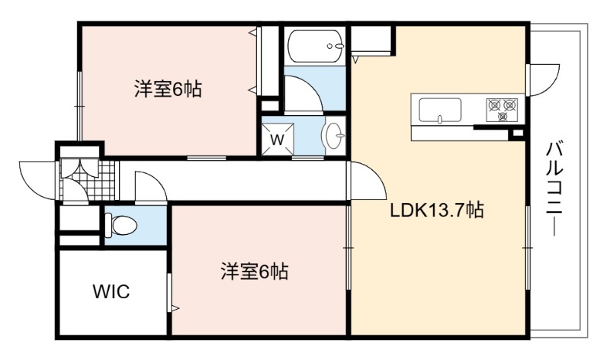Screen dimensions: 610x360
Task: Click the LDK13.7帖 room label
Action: [437, 211]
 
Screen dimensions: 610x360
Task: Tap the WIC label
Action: [111, 291]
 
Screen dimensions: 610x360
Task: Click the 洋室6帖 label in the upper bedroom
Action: [168, 89]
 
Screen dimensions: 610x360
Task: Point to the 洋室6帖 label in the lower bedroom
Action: [255, 272]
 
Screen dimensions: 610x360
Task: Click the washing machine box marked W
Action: [278, 139]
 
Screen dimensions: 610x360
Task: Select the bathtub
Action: [316, 46]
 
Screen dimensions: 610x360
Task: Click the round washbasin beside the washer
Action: [332, 136]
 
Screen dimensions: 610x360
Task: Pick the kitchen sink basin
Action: [440, 111]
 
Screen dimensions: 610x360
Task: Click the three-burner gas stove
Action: [502, 109]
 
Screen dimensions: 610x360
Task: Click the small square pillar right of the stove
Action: [518, 133]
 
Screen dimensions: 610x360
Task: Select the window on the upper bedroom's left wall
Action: [79, 105]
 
